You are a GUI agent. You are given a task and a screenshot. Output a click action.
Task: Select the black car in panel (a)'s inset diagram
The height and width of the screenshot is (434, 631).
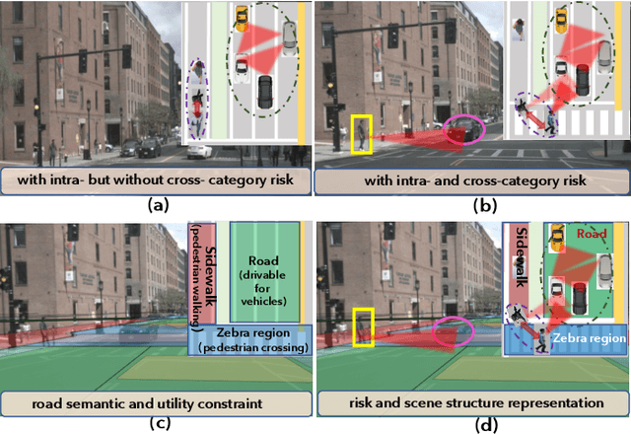point(264,93)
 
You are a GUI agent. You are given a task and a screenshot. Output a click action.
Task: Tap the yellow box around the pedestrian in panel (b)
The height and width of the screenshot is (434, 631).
point(362,134)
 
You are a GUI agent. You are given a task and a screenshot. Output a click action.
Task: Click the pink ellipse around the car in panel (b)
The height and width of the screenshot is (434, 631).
point(463,128)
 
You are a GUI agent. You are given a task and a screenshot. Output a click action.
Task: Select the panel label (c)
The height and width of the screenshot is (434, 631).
point(157,425)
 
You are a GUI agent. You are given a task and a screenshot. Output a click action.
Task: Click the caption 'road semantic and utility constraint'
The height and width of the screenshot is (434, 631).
point(157,403)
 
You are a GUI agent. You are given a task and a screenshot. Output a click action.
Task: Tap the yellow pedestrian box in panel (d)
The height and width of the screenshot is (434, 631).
point(362,326)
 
